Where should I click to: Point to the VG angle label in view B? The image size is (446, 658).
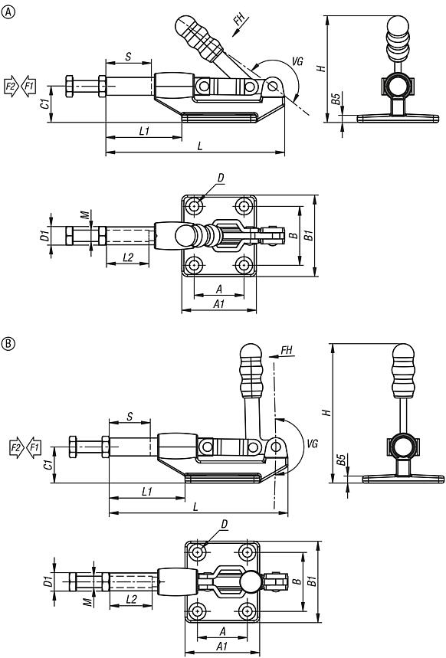tap(312, 443)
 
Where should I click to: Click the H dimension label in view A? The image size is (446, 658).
tap(322, 67)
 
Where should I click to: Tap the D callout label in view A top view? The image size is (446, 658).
tap(220, 178)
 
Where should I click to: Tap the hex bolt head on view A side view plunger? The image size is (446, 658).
tap(71, 85)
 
